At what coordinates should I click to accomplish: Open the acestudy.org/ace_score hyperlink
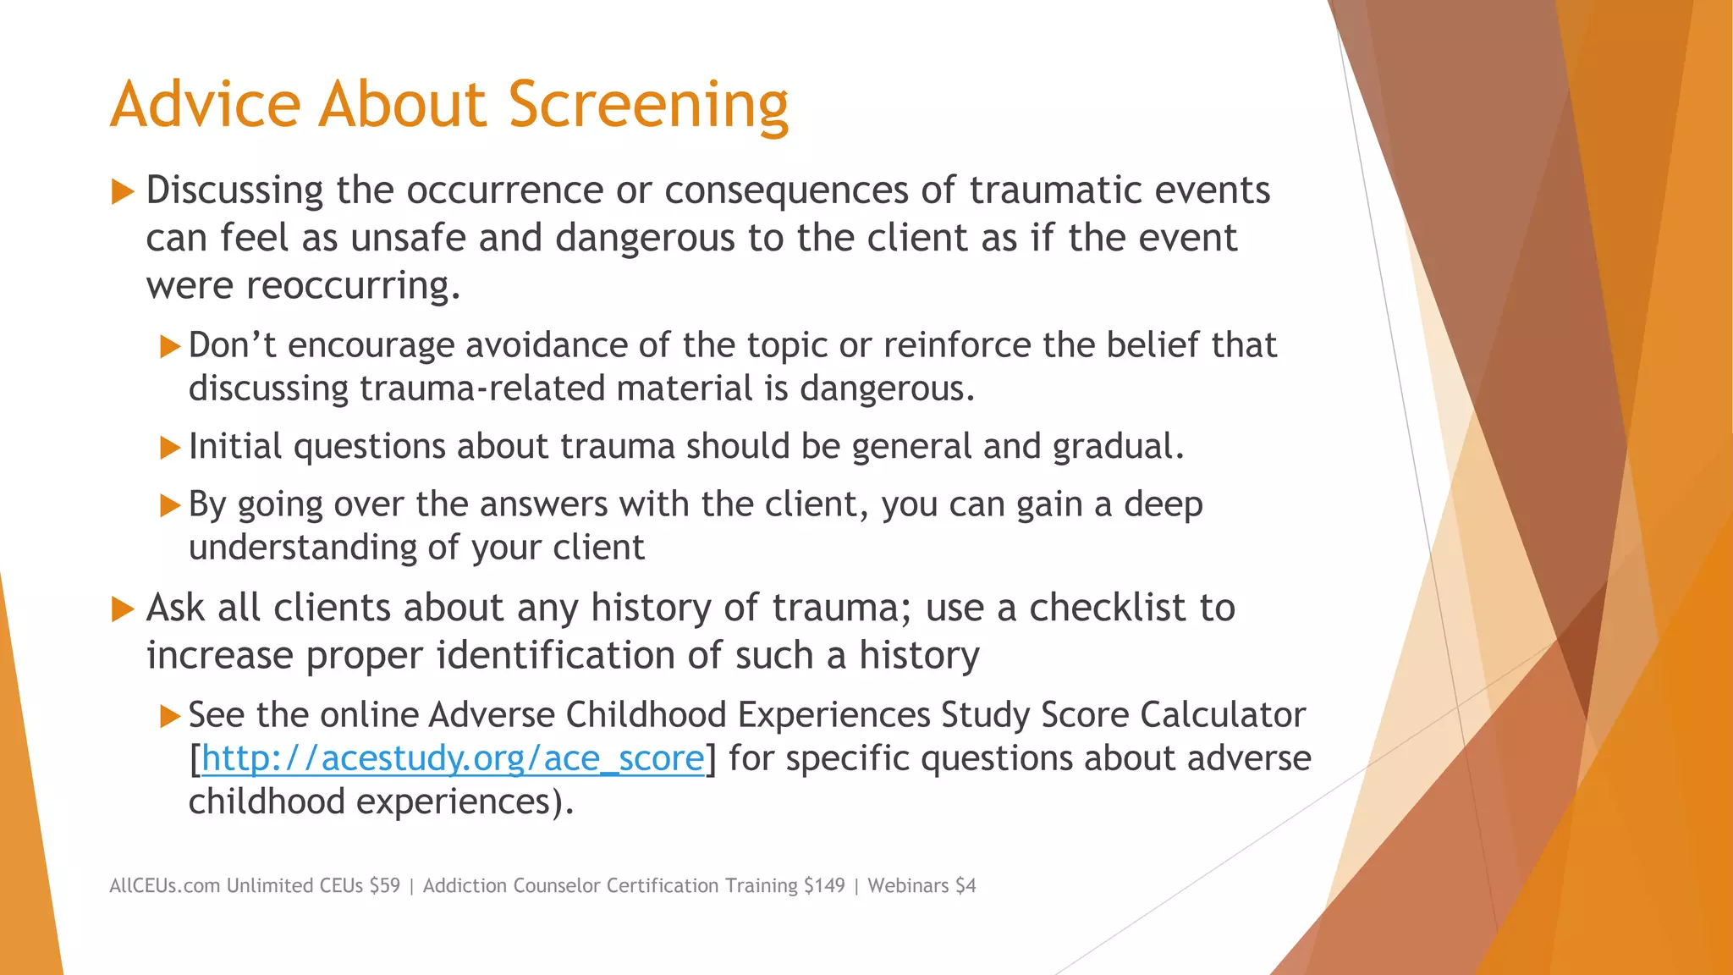453,758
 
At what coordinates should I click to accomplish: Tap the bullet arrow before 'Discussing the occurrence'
123,191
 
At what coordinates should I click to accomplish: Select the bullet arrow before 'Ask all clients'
123,609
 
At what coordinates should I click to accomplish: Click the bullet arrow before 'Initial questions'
170,447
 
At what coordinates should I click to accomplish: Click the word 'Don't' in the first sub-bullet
232,345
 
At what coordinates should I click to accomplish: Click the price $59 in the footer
384,885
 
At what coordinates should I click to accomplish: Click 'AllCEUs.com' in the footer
165,885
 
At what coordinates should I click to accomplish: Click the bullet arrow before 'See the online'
170,717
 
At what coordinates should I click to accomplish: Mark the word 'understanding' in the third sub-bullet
302,548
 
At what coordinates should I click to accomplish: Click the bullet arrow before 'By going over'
170,505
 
